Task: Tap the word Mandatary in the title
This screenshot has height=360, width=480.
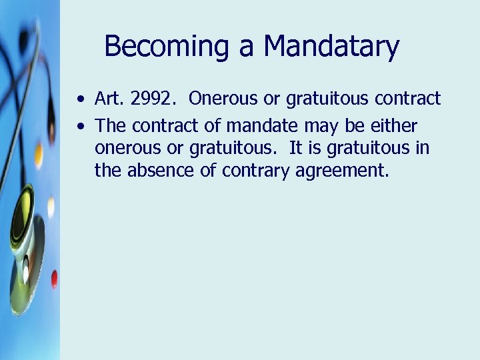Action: pos(331,47)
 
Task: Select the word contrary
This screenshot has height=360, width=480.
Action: pos(247,171)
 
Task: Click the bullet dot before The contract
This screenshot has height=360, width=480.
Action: pos(80,125)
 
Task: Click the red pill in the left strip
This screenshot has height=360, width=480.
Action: pos(53,278)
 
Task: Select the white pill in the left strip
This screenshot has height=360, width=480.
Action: pos(51,206)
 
